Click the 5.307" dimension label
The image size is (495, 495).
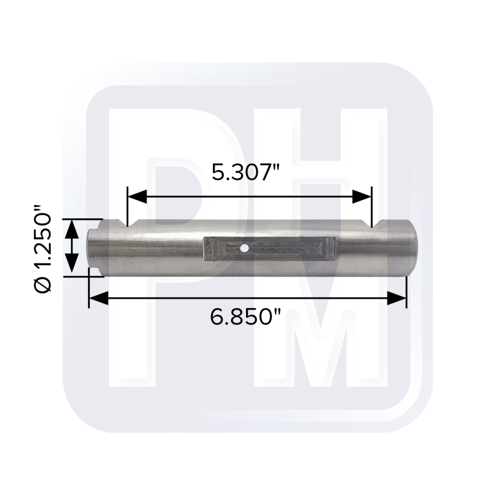pos(246,172)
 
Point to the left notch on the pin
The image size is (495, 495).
pos(120,224)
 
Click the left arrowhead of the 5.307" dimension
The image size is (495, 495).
pos(137,197)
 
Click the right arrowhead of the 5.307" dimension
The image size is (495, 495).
pos(361,197)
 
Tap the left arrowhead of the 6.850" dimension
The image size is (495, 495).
pos(98,298)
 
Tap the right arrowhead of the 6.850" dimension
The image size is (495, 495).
pos(396,298)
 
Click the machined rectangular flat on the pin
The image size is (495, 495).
pos(269,249)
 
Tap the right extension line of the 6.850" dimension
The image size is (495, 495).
pos(406,292)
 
